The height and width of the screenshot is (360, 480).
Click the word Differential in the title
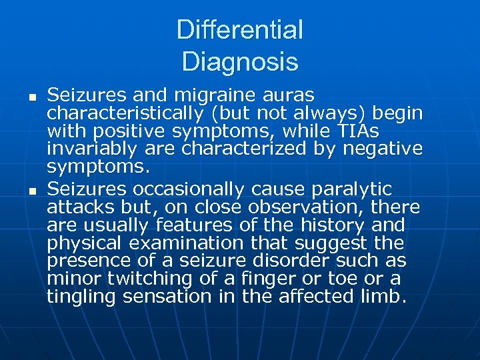239,30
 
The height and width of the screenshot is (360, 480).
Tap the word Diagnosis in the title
239,62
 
